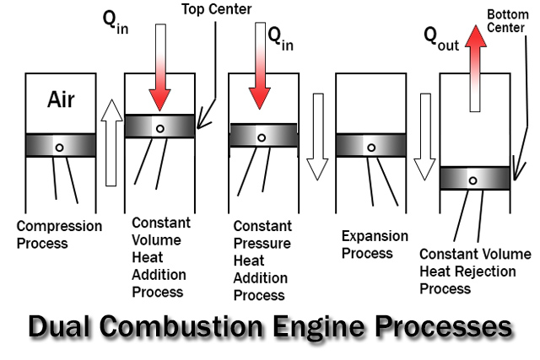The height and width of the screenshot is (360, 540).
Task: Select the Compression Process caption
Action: pos(59,234)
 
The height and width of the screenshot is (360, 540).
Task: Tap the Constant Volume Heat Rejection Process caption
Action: pos(475,271)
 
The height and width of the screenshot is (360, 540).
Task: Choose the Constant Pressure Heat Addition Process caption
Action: pos(262,261)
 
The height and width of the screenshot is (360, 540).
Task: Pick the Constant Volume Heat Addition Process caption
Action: pos(159,257)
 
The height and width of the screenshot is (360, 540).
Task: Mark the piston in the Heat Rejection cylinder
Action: pos(475,178)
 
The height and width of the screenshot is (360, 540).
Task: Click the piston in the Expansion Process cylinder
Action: pos(370,145)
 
